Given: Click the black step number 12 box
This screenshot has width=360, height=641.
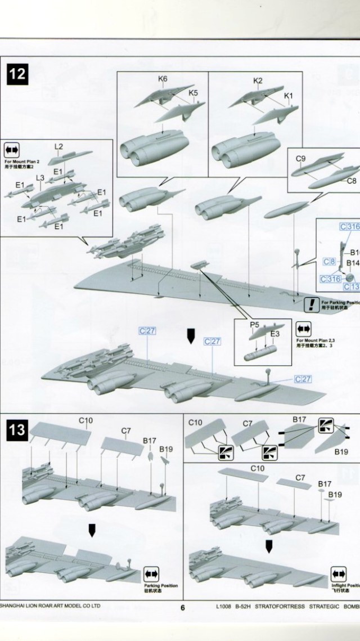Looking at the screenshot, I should pos(17,74).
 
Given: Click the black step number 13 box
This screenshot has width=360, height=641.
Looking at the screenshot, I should pos(17,430).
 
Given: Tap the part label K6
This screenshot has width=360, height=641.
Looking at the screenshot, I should pos(163,79).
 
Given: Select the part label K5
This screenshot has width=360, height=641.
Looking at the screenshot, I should pos(193,92).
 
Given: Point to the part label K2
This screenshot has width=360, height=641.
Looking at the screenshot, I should pos(258,81).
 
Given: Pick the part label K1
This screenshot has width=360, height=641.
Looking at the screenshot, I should pos(289,96).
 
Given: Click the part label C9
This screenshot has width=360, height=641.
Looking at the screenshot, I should pos(300,159).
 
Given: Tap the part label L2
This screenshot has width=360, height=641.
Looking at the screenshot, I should pos(59,146).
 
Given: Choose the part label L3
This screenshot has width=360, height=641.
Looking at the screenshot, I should pos(39,178).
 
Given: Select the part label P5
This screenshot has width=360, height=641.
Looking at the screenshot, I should pos(254,325).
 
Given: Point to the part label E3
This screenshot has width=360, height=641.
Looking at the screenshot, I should pos(275,334).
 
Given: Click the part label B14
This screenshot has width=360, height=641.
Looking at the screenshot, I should pos(352,263).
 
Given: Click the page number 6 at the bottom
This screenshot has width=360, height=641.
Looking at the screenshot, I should pos(183,607).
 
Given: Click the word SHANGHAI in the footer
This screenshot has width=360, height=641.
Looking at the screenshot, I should pos(17,606).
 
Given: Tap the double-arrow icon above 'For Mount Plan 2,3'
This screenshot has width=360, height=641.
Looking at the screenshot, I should pos(304,328).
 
